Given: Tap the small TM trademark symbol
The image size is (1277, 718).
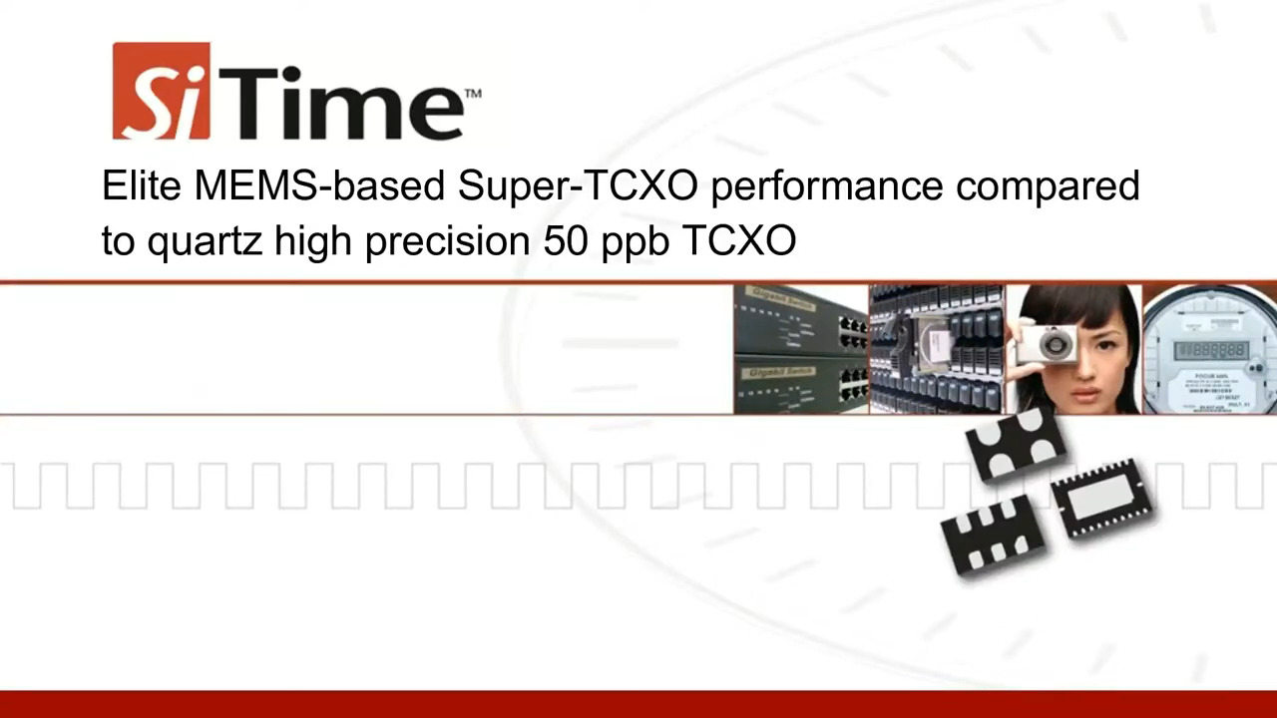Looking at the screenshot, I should [473, 94].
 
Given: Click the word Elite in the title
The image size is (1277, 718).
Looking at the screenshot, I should [142, 185].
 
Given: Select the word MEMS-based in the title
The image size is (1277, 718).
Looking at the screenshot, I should [318, 185].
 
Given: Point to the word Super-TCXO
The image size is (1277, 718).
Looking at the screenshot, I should [578, 185].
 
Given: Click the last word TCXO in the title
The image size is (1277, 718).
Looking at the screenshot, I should [738, 240].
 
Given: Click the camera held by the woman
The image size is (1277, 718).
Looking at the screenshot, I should [1047, 345].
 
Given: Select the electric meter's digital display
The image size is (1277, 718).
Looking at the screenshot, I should [1210, 350].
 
